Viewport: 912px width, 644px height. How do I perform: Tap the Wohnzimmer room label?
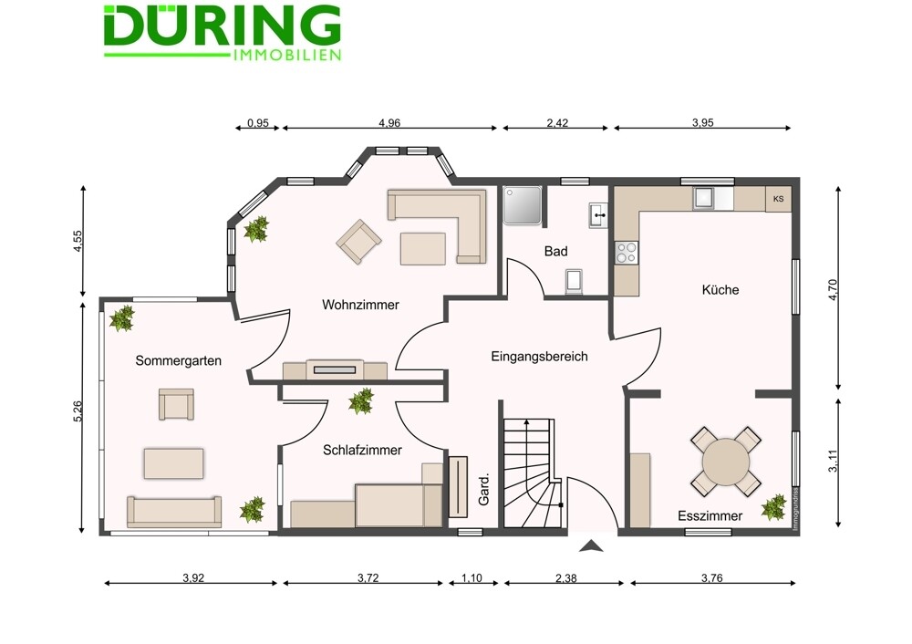click(x=360, y=305)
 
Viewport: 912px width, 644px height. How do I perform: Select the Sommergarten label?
click(x=179, y=360)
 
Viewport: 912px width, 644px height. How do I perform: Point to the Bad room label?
click(x=556, y=252)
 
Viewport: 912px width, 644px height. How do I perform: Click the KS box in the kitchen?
click(x=778, y=199)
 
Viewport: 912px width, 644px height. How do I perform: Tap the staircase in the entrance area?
click(x=533, y=473)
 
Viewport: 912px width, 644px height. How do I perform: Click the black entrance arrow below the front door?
click(x=592, y=545)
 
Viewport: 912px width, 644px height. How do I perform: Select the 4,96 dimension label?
click(x=389, y=123)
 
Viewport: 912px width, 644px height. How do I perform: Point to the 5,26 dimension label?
click(x=78, y=411)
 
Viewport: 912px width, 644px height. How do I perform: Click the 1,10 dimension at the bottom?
click(x=472, y=577)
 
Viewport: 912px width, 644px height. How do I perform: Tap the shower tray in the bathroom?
click(x=523, y=204)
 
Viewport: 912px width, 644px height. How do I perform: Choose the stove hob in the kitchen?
click(x=627, y=253)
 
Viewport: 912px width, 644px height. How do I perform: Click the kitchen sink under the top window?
click(x=704, y=198)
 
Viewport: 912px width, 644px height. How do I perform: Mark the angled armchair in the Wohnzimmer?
click(x=358, y=241)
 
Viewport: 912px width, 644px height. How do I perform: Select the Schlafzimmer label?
click(x=362, y=450)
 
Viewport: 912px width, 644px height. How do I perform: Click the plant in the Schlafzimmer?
click(x=361, y=400)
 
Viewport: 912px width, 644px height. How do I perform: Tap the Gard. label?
click(x=483, y=489)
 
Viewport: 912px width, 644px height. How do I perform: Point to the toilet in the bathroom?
click(x=574, y=281)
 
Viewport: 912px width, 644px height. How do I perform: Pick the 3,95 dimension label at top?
click(x=702, y=123)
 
